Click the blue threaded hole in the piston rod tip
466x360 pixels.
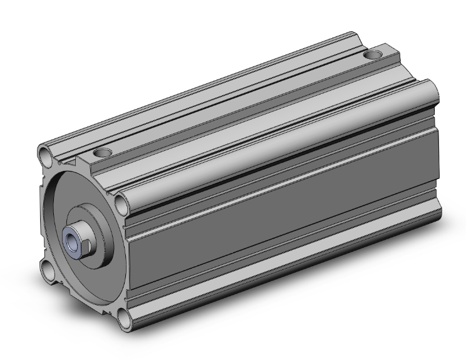pos(72,239)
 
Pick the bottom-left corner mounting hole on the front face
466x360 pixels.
pos(48,270)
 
